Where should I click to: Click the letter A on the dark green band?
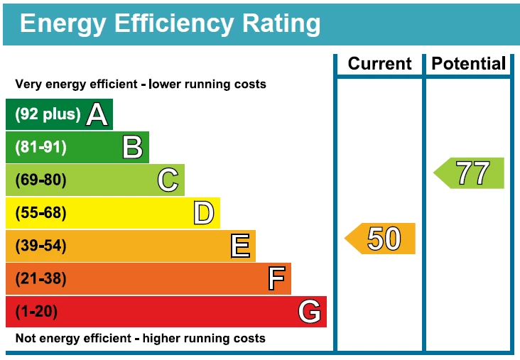[97, 114]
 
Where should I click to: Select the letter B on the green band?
[133, 148]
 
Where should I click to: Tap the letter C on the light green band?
[168, 180]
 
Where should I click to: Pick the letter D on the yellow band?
[203, 213]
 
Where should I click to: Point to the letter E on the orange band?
[240, 246]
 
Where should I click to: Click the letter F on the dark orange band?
[276, 279]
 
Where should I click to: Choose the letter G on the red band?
[310, 312]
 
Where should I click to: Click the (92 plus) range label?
[48, 114]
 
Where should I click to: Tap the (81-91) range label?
[40, 148]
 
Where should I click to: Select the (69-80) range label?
[40, 180]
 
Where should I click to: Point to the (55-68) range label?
[40, 213]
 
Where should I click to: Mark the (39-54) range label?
[40, 246]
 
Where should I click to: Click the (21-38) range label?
[40, 279]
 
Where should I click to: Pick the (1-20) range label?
[36, 312]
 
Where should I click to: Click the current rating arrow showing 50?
[381, 239]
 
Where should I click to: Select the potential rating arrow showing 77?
[470, 173]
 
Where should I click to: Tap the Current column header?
[379, 64]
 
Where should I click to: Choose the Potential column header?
[469, 64]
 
